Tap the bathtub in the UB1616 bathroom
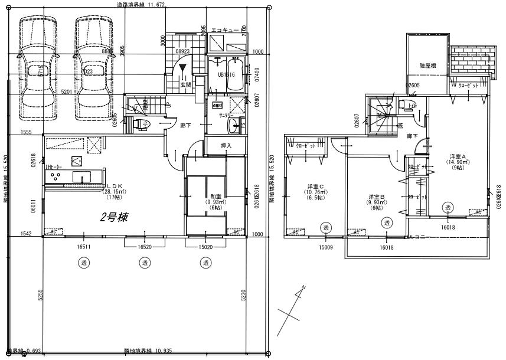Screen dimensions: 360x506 [228, 76]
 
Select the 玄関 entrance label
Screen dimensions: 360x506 [185, 85]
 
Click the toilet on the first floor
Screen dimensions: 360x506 [142, 124]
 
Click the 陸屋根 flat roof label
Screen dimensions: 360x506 [427, 66]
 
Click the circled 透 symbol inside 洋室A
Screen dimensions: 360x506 [448, 208]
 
